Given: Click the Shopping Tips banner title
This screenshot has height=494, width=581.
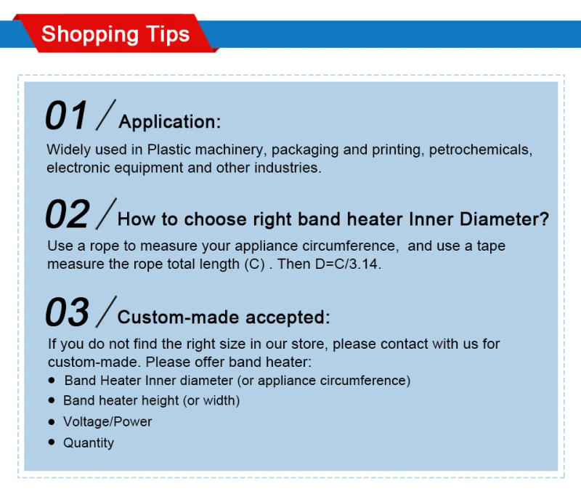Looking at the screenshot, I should pyautogui.click(x=115, y=34).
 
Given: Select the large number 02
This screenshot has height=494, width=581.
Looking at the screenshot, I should pyautogui.click(x=67, y=215).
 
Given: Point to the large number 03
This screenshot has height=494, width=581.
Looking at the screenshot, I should pyautogui.click(x=67, y=313).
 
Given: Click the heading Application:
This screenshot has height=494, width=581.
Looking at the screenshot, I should pyautogui.click(x=169, y=121).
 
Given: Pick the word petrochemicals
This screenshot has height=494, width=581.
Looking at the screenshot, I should pyautogui.click(x=480, y=150).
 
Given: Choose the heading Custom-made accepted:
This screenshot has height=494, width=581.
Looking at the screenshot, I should pyautogui.click(x=224, y=317).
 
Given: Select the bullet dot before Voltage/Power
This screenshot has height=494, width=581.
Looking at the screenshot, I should pyautogui.click(x=52, y=421).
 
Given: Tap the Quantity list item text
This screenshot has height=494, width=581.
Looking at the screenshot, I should pyautogui.click(x=89, y=442).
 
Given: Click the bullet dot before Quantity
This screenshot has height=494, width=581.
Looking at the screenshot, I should pyautogui.click(x=52, y=442).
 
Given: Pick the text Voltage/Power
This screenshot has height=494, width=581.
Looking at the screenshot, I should pyautogui.click(x=107, y=421).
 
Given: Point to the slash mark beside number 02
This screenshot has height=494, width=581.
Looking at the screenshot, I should pyautogui.click(x=106, y=214).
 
